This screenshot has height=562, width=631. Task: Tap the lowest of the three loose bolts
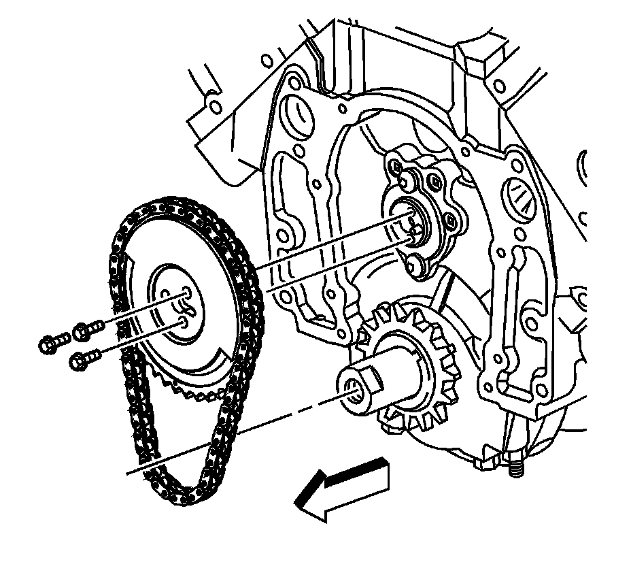(82, 359)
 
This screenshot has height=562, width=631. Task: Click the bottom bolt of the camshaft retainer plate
(416, 263)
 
